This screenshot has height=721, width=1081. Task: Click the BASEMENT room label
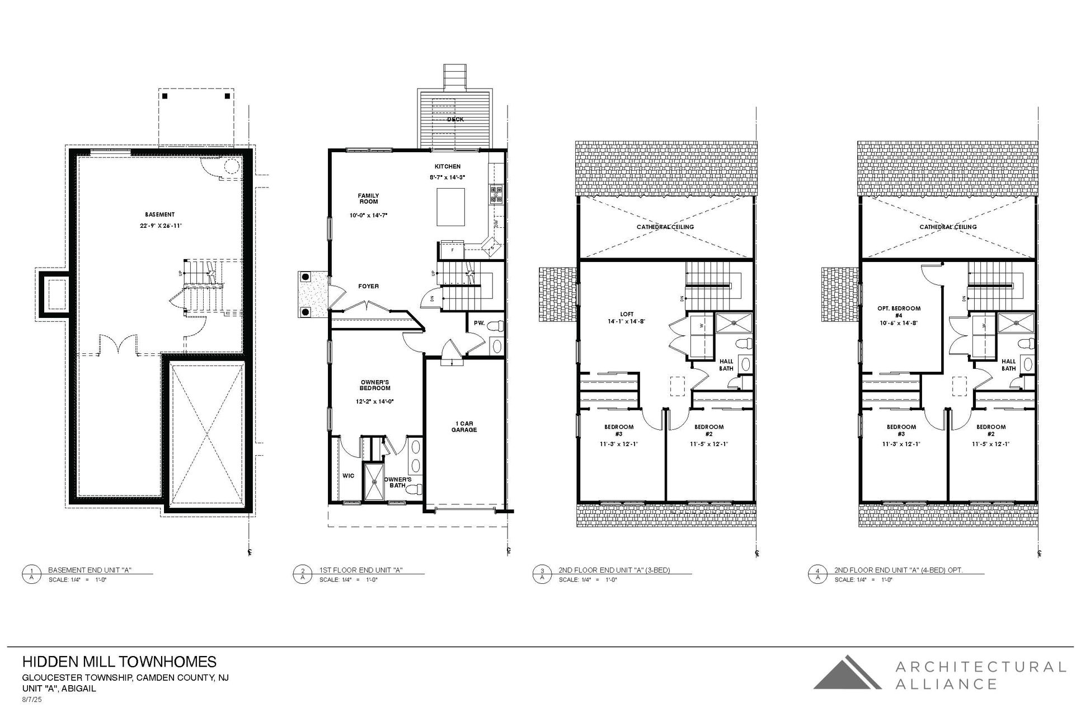click(x=159, y=214)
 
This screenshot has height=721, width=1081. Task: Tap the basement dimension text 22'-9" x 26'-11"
click(x=161, y=226)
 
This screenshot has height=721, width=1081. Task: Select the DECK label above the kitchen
click(x=455, y=119)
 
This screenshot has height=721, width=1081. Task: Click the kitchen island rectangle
click(x=451, y=207)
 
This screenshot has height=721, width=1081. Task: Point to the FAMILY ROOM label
click(x=368, y=199)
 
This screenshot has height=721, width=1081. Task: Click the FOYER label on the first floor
click(x=368, y=287)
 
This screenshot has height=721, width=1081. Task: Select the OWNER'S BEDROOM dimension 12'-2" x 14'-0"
click(x=375, y=402)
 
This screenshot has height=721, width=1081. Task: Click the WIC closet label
click(x=348, y=476)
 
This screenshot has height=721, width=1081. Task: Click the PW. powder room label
click(x=479, y=323)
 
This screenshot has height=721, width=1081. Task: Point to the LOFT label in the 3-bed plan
click(x=626, y=314)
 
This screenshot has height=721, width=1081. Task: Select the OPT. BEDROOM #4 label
click(x=899, y=312)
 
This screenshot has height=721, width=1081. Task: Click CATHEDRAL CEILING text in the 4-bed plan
click(x=948, y=227)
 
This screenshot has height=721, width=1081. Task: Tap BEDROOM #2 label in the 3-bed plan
click(x=709, y=430)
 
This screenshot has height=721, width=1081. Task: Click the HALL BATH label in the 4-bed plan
click(x=1008, y=365)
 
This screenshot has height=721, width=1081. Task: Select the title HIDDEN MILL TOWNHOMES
click(x=119, y=662)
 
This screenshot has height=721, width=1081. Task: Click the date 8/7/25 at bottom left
click(x=31, y=700)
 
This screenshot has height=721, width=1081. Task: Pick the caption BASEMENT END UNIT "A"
click(x=90, y=570)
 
